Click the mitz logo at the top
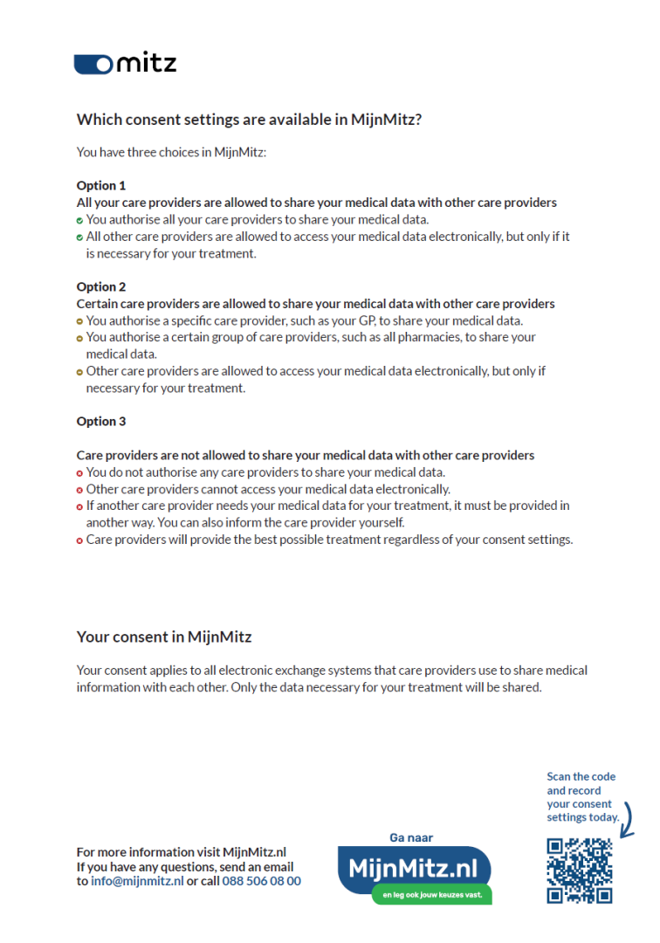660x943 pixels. [125, 63]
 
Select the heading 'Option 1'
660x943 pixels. [101, 185]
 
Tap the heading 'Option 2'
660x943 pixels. [101, 286]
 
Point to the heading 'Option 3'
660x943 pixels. [101, 421]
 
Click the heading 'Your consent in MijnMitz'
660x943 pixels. [164, 637]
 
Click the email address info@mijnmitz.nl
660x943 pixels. [137, 881]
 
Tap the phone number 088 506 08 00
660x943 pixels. [261, 881]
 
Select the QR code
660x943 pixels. [579, 871]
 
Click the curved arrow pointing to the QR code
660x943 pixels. [626, 821]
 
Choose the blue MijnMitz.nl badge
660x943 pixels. [414, 868]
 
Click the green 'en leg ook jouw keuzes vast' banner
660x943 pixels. [431, 894]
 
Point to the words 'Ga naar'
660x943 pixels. [411, 837]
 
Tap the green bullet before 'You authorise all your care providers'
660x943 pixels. [79, 220]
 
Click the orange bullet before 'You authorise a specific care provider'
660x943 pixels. [79, 321]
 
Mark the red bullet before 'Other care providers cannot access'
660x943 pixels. [79, 490]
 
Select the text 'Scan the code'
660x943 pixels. [581, 776]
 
